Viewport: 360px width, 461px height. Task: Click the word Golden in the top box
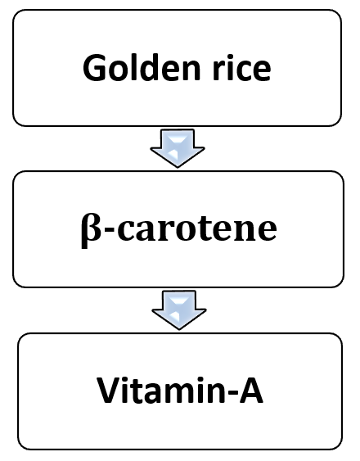coord(142,68)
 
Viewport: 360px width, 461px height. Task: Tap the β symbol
coord(92,231)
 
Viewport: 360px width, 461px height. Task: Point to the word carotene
coord(197,228)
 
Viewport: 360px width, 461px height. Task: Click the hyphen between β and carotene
coord(109,230)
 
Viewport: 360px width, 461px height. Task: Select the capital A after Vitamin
coord(250,391)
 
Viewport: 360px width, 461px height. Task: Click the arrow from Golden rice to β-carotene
coord(178,148)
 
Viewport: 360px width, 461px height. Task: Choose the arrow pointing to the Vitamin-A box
coord(179,310)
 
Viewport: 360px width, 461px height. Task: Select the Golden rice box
coord(177,68)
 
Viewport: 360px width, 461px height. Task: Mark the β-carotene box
coord(178,229)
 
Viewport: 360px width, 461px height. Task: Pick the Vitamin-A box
coord(180,391)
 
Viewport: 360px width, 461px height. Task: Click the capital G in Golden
coord(94,68)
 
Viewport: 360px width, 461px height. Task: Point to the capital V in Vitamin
coord(108,390)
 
